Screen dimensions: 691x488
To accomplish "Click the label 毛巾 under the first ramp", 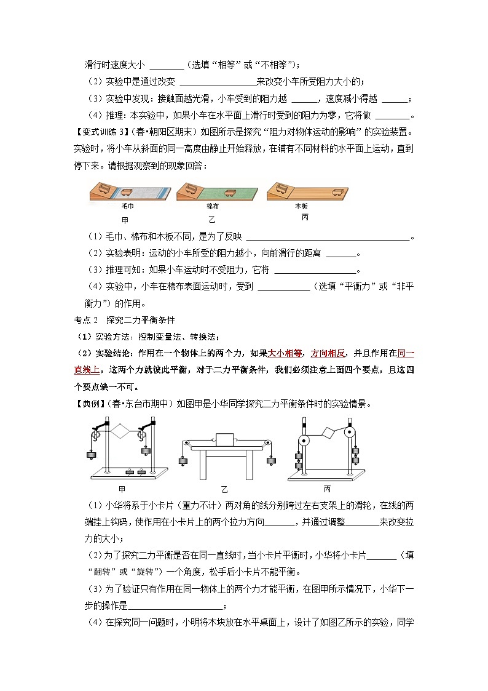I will pyautogui.click(x=127, y=206).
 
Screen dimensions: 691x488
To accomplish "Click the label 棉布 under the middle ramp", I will pyautogui.click(x=213, y=206).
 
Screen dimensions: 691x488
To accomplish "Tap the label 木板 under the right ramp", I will pyautogui.click(x=301, y=206).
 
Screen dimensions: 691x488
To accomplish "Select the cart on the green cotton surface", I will pyautogui.click(x=230, y=192).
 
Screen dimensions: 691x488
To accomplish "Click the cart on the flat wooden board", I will pyautogui.click(x=336, y=191).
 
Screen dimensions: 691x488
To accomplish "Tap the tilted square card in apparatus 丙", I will pyautogui.click(x=331, y=431).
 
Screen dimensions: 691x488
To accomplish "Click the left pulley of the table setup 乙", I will pyautogui.click(x=183, y=442).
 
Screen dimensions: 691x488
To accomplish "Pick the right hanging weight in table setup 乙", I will pyautogui.click(x=270, y=460).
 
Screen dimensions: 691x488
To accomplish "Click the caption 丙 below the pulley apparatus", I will pyautogui.click(x=327, y=489).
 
